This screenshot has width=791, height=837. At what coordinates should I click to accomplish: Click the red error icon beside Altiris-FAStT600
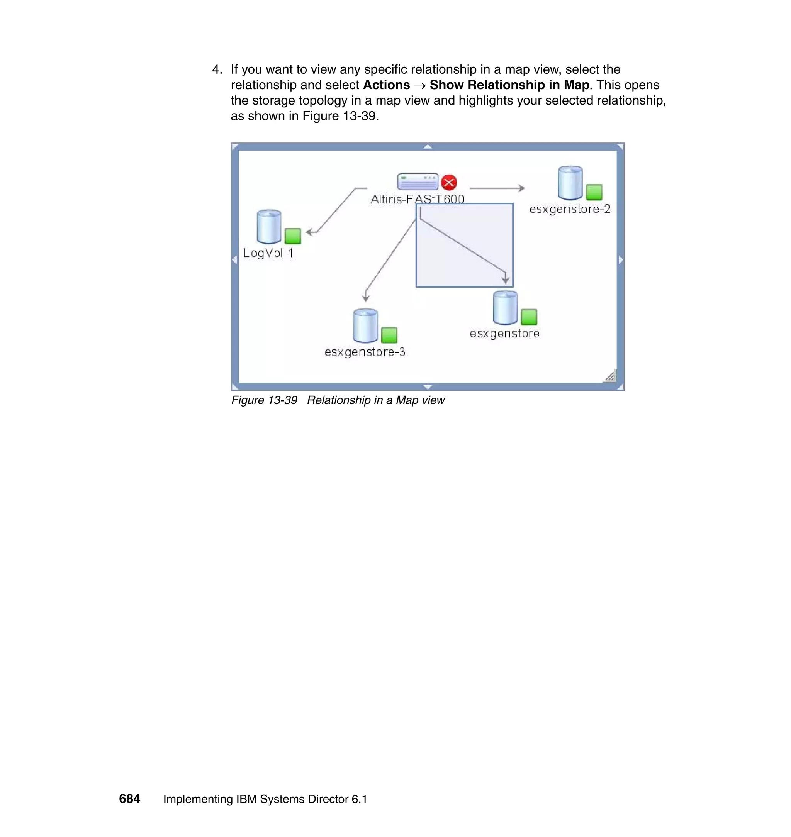[449, 183]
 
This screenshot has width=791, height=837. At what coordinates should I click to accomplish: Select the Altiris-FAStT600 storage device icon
[418, 181]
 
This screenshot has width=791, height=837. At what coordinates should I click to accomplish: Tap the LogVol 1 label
[268, 253]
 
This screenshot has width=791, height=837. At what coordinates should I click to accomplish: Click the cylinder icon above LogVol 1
[268, 226]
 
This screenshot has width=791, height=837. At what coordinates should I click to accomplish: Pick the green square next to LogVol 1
[293, 236]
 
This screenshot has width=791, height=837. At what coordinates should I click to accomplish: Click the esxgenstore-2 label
[570, 210]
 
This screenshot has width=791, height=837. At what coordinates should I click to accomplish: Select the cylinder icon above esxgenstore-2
[570, 183]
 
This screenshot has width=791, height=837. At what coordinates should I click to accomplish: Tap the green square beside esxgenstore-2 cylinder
[594, 192]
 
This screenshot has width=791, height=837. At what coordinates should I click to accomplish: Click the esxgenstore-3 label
[365, 352]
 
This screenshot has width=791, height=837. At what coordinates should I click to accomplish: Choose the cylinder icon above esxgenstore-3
[365, 326]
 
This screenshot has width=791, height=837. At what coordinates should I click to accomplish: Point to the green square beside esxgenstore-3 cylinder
[389, 335]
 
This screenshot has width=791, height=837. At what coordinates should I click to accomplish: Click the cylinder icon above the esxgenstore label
[505, 308]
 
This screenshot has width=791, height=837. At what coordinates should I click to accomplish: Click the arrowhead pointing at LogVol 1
[309, 232]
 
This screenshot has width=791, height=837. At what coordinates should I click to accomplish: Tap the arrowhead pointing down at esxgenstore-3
[365, 298]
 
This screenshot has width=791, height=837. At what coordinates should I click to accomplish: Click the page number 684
[129, 799]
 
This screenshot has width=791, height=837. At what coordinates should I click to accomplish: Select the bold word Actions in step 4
[386, 85]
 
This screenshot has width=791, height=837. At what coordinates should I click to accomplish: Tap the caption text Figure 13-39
[264, 400]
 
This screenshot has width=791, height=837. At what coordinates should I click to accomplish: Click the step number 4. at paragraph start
[217, 69]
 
